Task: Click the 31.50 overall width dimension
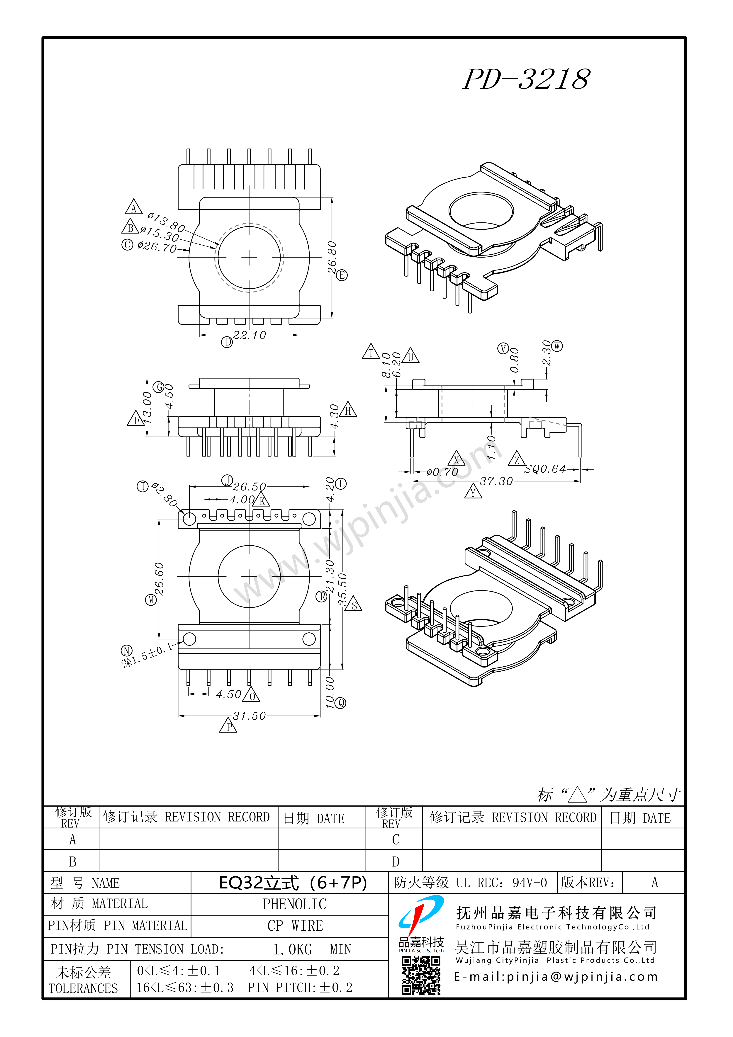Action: [x=250, y=716]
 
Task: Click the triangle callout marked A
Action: [x=134, y=207]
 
